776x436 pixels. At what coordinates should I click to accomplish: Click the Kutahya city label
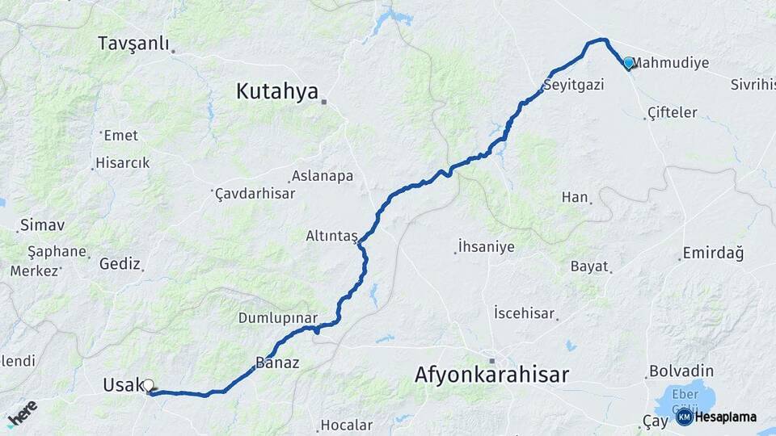[x=276, y=92]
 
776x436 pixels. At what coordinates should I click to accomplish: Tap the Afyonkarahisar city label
[x=491, y=375]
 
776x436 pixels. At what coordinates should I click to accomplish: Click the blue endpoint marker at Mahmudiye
[x=628, y=62]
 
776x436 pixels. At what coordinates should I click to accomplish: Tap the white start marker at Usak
[x=148, y=385]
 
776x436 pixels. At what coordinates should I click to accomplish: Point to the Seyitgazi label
[x=574, y=84]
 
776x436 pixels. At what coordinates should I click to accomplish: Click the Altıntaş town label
[x=331, y=236]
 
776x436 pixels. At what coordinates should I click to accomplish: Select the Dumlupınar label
[x=277, y=318]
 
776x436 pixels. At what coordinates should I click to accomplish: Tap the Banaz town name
[x=277, y=363]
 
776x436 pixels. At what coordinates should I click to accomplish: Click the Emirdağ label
[x=713, y=253]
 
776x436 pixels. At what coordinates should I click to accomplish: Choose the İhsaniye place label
[x=486, y=246]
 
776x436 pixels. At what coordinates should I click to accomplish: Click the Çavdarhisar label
[x=255, y=194]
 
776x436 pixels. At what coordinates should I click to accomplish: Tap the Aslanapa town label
[x=322, y=176]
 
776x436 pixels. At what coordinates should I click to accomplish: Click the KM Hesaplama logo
[x=716, y=417]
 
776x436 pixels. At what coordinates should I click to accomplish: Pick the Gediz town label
[x=120, y=263]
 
